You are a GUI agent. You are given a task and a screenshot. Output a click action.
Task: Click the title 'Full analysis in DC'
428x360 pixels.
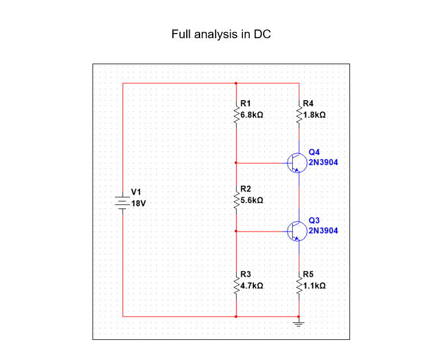[221, 34]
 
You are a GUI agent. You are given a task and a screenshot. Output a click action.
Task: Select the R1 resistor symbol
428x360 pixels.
[236, 114]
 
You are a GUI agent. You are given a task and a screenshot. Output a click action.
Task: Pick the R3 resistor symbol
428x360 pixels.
[236, 285]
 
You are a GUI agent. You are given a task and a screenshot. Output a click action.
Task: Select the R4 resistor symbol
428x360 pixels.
[298, 114]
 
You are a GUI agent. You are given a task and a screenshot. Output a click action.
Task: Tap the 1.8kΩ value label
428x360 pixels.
[314, 115]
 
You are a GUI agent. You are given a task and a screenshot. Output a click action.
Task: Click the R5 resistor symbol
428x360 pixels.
[298, 285]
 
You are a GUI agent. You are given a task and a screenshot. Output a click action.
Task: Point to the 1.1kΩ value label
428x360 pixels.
[314, 286]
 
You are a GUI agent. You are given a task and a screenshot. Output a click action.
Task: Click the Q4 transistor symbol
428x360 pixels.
[296, 163]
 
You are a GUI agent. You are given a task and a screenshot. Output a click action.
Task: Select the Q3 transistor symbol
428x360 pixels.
[296, 231]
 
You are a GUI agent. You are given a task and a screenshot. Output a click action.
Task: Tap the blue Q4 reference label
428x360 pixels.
[314, 152]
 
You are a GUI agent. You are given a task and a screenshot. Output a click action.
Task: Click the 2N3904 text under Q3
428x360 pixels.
[323, 230]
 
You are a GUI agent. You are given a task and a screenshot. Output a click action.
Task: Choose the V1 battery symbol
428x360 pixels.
[122, 201]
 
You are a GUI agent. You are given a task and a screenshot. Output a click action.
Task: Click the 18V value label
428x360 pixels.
[139, 204]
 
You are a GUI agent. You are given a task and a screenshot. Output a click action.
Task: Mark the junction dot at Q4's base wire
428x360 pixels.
[236, 163]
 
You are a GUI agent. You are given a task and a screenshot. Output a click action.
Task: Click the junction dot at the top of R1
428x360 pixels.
[236, 83]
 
